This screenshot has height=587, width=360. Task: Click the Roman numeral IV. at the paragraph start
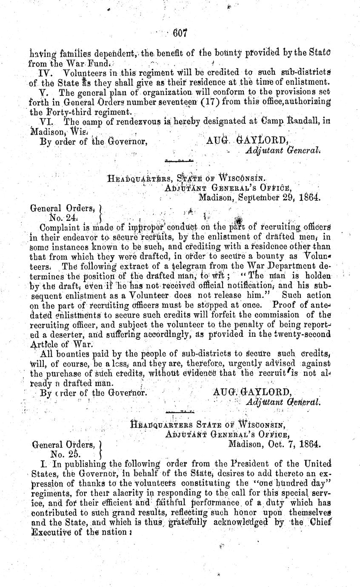45,73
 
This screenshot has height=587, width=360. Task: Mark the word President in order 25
260,463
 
